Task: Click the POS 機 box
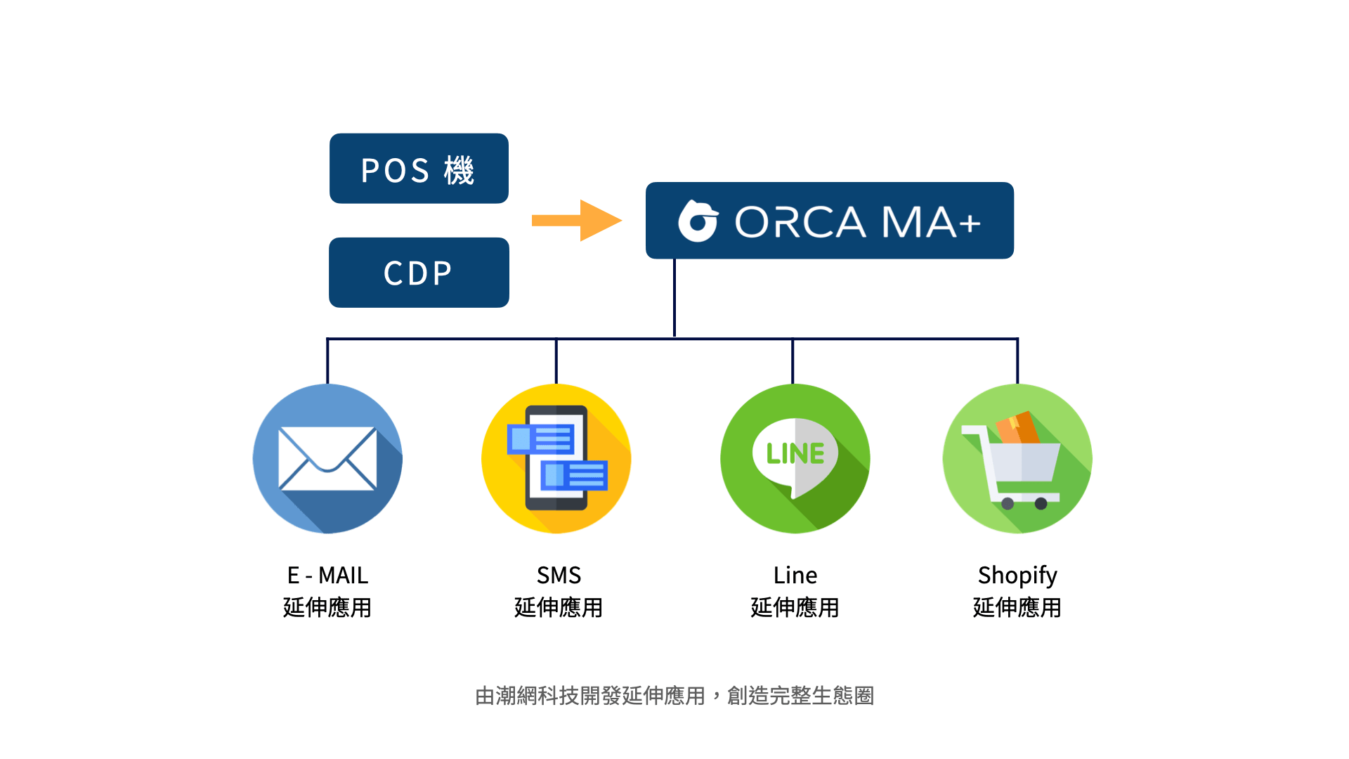pos(419,169)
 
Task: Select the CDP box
pos(419,273)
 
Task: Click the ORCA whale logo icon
pos(698,221)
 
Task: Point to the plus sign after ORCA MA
pos(969,224)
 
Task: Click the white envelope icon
pos(327,458)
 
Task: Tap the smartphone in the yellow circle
pos(556,458)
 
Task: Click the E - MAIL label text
pos(327,576)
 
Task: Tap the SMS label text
pos(559,576)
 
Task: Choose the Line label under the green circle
pos(795,576)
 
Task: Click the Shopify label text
pos(1017,576)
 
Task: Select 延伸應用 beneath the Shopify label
pos(1017,608)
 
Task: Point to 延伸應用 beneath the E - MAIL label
pos(327,608)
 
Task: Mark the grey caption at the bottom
pos(674,696)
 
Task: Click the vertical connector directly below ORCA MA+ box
pos(674,299)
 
